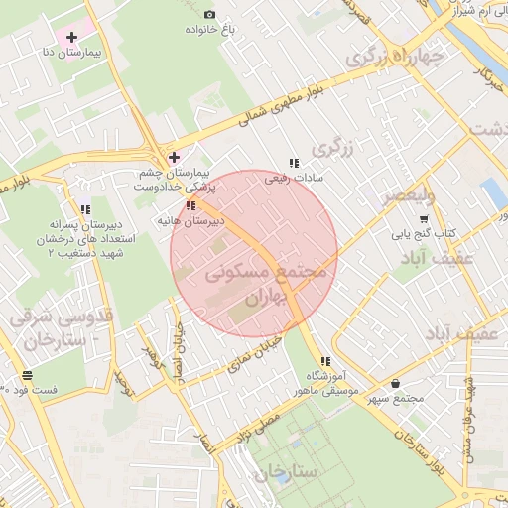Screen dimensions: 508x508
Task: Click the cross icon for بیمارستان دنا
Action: [71, 37]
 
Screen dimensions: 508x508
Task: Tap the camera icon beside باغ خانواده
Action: [209, 14]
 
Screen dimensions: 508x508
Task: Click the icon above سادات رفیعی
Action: [293, 163]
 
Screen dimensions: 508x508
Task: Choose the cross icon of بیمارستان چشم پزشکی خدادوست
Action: [175, 157]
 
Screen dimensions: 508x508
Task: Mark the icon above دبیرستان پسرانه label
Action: [85, 209]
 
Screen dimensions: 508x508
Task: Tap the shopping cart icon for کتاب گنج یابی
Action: [424, 219]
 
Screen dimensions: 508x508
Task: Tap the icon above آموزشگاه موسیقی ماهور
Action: [324, 361]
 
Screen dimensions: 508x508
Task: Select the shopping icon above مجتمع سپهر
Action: [397, 384]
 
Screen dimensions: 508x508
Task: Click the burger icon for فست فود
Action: [27, 376]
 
